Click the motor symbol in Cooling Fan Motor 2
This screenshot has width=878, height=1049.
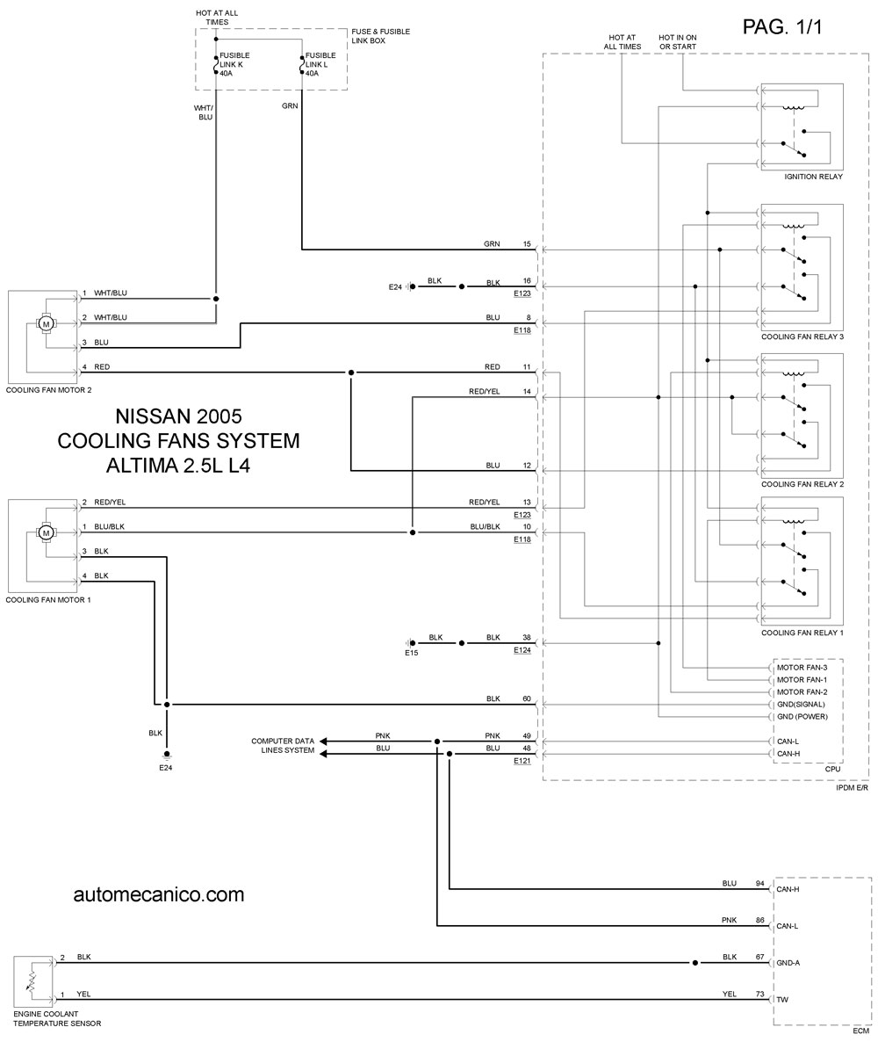coord(47,324)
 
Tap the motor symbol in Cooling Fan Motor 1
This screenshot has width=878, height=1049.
coord(46,533)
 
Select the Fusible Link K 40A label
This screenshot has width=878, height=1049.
coord(234,64)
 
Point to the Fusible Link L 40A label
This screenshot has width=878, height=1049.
coord(320,64)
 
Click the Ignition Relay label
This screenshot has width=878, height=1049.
coord(813,177)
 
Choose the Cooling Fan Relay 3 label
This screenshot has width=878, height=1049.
coord(802,336)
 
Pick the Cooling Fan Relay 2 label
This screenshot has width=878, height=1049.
coord(802,484)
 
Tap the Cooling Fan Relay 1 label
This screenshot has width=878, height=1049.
coord(802,633)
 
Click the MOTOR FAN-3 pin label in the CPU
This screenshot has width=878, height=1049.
coord(802,668)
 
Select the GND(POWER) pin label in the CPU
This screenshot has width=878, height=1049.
coord(802,717)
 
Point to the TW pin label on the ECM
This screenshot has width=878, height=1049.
coord(782,1000)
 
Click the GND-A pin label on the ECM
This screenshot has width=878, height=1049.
coord(788,963)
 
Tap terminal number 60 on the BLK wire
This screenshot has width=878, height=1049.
coord(527,698)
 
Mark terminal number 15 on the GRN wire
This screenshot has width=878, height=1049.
coord(527,244)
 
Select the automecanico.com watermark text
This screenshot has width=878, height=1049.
coord(159,894)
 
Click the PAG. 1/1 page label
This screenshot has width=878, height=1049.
coord(782,26)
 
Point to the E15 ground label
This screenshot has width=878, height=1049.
coord(411,652)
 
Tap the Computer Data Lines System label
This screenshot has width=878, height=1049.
coord(283,745)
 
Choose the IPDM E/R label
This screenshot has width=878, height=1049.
coord(852,788)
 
